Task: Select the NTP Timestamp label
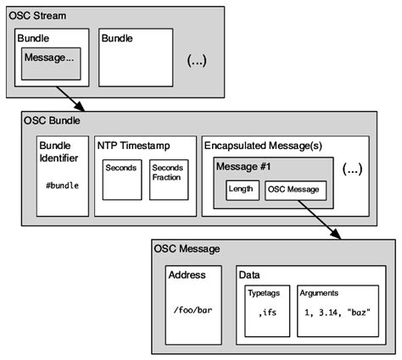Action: [x=133, y=145]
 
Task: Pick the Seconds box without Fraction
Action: [x=121, y=180]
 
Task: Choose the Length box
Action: [x=243, y=189]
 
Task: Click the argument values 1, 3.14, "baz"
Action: [x=337, y=313]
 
